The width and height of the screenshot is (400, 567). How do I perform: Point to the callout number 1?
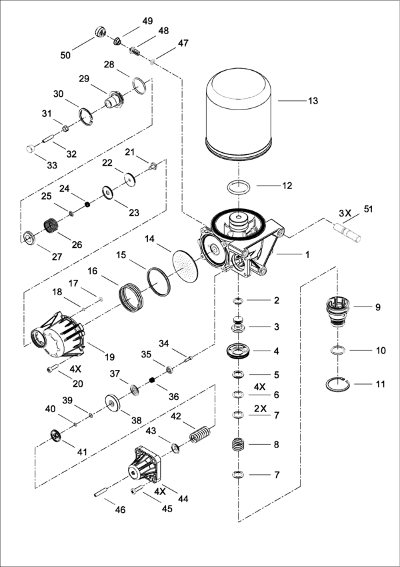[x=308, y=254]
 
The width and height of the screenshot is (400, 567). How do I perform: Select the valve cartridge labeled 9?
[x=339, y=311]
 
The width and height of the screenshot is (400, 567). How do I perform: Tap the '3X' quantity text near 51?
[x=345, y=213]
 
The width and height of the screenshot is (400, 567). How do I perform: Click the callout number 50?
[x=65, y=55]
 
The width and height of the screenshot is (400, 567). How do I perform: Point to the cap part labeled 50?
[x=102, y=32]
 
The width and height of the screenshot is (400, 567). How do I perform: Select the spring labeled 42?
[x=199, y=435]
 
